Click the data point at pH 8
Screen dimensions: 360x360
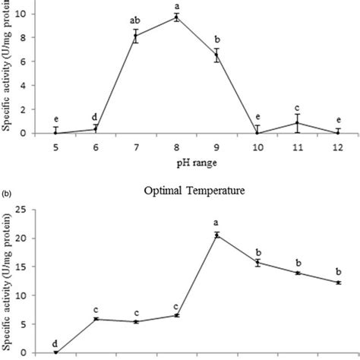point(176,17)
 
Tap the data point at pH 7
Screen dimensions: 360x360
point(136,36)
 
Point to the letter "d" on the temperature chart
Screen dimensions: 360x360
point(55,343)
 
